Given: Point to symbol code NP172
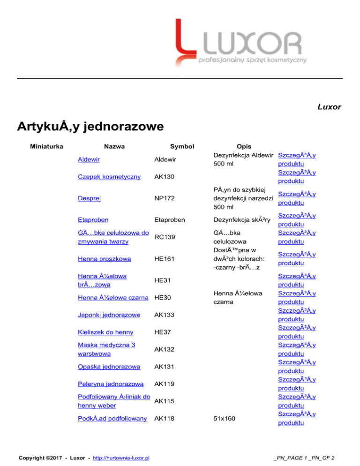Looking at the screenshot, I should point(165,199).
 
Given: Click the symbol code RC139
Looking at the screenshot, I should point(165,237).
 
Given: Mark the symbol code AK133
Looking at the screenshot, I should point(165,316).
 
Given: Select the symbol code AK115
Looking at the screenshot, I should point(165,401).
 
